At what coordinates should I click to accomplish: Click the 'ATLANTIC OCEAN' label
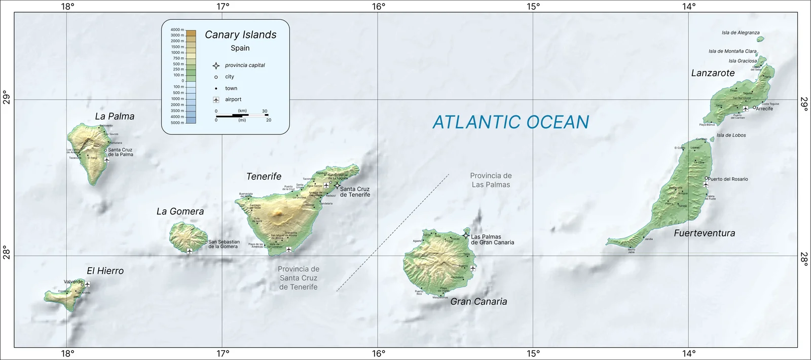(x=510, y=122)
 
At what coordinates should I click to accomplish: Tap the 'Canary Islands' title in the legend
(x=240, y=35)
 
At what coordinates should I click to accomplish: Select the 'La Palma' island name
(x=115, y=117)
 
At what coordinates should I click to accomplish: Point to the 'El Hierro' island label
(x=105, y=271)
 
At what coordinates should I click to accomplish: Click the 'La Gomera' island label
(x=180, y=212)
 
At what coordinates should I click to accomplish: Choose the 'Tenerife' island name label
(x=264, y=177)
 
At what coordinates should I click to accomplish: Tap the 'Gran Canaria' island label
(x=478, y=302)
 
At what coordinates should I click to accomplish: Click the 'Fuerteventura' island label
(x=704, y=233)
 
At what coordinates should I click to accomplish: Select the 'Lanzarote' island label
(x=713, y=73)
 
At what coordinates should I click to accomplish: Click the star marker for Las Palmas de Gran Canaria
(x=466, y=236)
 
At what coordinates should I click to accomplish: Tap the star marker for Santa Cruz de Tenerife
(x=337, y=186)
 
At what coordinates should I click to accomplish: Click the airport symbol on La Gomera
(x=190, y=251)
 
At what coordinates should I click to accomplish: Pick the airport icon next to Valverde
(x=87, y=284)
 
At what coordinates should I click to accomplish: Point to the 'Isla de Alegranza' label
(x=741, y=33)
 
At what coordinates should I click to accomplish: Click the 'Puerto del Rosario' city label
(x=728, y=179)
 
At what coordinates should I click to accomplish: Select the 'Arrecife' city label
(x=764, y=109)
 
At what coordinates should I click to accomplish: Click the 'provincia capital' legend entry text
(x=245, y=65)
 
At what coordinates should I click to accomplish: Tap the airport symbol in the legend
(x=216, y=100)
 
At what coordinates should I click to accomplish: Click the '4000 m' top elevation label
(x=177, y=30)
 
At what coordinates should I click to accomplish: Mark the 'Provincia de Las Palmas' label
(x=491, y=181)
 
